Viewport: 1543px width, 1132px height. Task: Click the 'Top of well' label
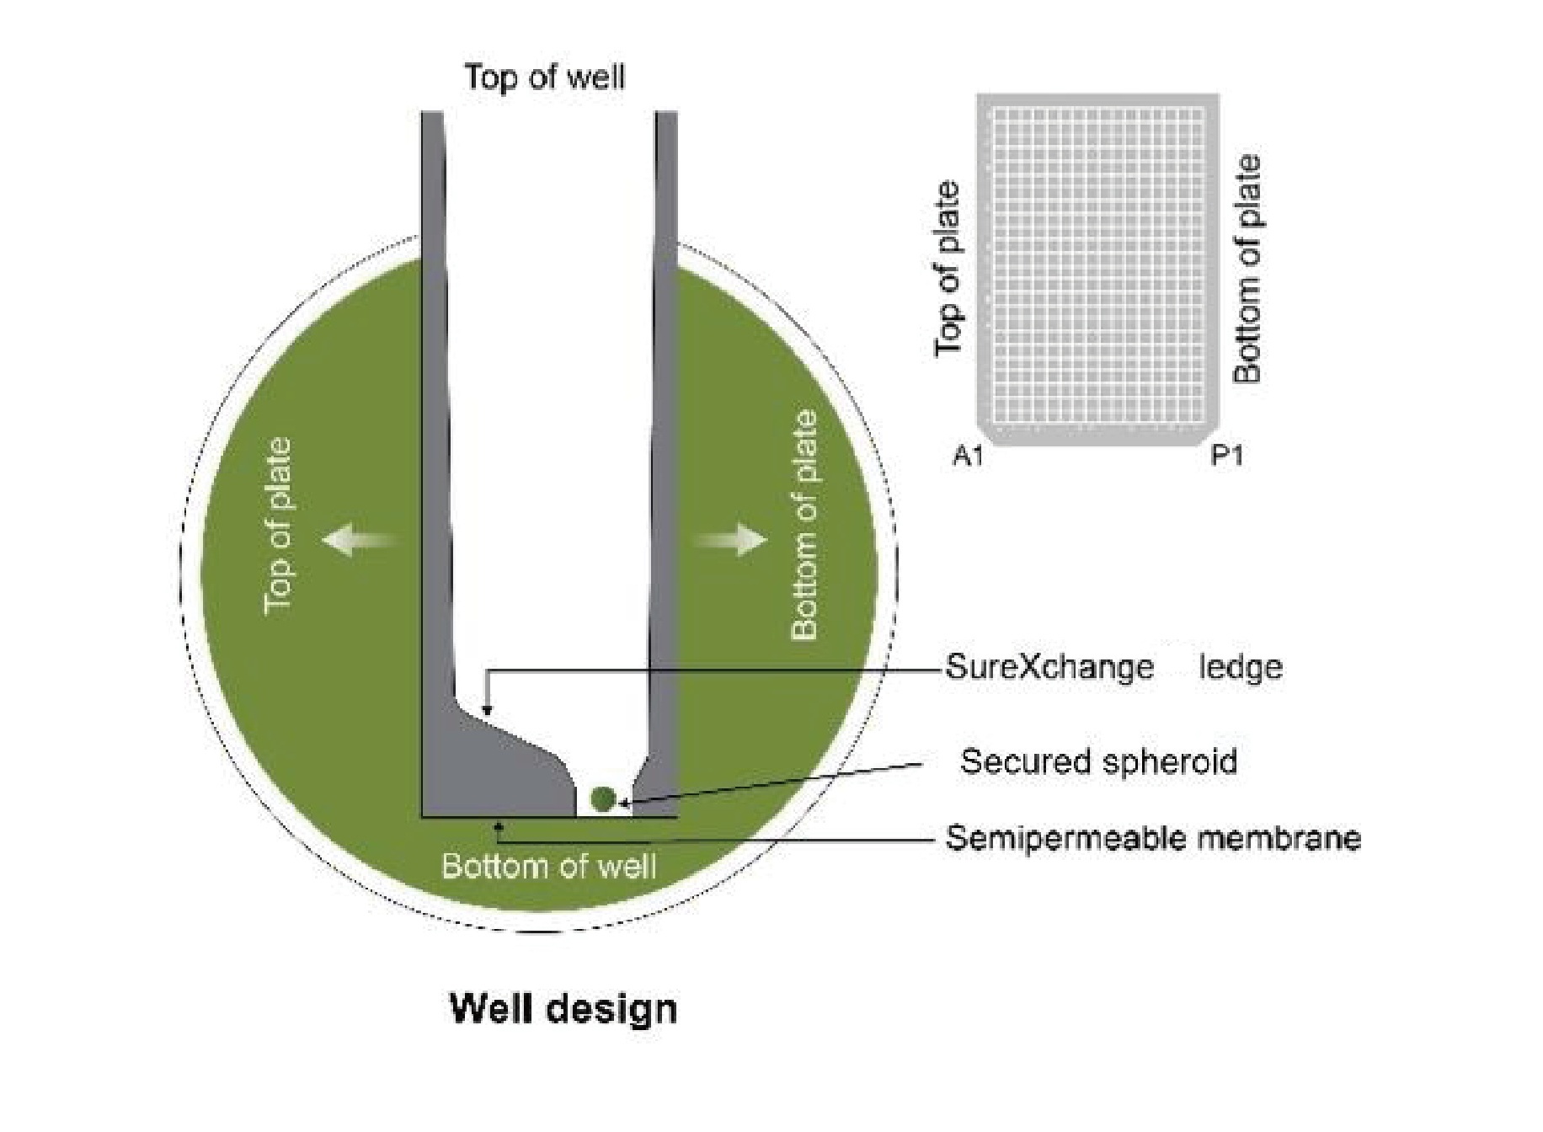pos(545,77)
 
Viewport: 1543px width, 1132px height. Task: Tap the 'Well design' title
pos(563,1008)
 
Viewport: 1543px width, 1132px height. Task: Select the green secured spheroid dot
pos(602,798)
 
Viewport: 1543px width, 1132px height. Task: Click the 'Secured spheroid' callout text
pos(1098,761)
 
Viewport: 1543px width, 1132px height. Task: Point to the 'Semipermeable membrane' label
pos(1152,838)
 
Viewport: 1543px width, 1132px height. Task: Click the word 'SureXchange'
pos(1049,667)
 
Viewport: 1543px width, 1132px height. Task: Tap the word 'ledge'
pos(1241,667)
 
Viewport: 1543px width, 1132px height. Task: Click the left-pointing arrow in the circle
pos(354,538)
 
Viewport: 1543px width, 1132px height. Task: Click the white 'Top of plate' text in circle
pos(277,526)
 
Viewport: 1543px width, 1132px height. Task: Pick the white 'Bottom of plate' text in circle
pos(804,526)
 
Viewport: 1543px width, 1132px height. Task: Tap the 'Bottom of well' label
pos(548,867)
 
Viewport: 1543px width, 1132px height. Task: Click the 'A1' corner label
pos(968,457)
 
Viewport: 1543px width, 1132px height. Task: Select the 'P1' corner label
pos(1226,457)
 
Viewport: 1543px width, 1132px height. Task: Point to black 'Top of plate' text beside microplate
pos(948,270)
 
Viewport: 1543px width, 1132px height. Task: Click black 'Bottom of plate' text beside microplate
pos(1247,270)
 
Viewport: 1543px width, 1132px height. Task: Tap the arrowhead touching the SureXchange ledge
pos(487,712)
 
